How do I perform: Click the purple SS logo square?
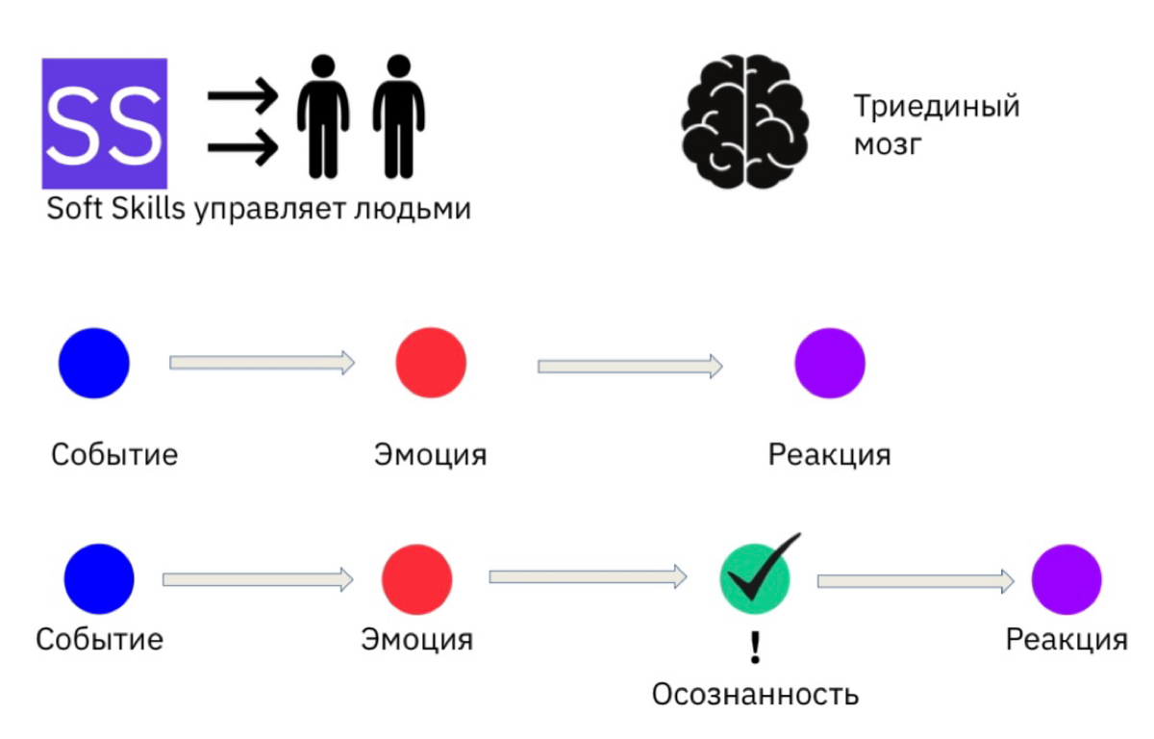[x=104, y=123]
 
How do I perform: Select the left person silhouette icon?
[x=322, y=116]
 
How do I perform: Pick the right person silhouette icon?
[x=398, y=116]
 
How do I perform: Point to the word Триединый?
[x=936, y=106]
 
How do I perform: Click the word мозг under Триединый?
[x=890, y=146]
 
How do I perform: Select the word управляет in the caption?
[x=268, y=209]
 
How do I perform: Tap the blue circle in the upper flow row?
[x=94, y=363]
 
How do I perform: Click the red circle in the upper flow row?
[x=431, y=363]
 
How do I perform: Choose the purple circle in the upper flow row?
[x=829, y=363]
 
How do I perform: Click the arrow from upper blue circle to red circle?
[x=262, y=363]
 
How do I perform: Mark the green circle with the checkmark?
[x=755, y=577]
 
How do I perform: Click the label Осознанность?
[x=755, y=694]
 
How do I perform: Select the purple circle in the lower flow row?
[x=1066, y=579]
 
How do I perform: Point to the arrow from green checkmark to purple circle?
[x=916, y=581]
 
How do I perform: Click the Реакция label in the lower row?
[x=1066, y=640]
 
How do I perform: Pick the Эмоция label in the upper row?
[x=430, y=454]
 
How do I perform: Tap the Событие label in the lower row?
[x=99, y=639]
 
